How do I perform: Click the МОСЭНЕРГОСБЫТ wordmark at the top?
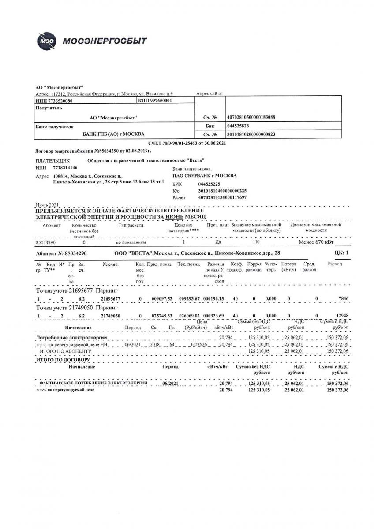(105, 41)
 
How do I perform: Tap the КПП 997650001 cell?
(155, 101)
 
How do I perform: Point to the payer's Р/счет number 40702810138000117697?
(222, 197)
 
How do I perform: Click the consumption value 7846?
(343, 299)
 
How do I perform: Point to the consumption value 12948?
(342, 316)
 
